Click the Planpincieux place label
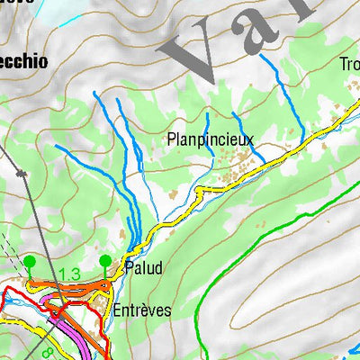click(211, 139)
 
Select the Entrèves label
click(142, 310)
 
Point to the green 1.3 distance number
click(69, 274)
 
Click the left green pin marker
click(30, 262)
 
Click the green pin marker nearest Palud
click(105, 262)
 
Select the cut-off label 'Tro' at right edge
click(349, 64)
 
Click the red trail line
click(18, 297)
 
